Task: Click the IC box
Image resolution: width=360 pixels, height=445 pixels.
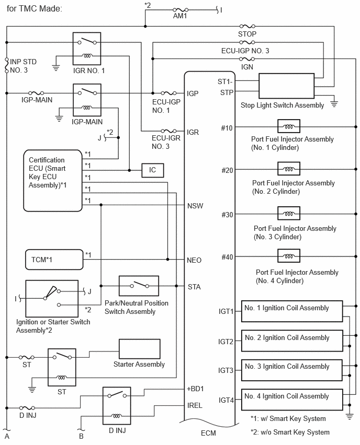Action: tap(153, 170)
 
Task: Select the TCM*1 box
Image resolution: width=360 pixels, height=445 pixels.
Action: tap(54, 260)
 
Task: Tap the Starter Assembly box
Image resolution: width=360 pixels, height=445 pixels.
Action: tap(139, 349)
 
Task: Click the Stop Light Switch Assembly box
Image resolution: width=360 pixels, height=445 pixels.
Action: tap(286, 86)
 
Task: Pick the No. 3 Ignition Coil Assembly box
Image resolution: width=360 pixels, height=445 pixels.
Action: tap(292, 370)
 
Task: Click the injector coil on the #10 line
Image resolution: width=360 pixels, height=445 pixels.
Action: tap(289, 126)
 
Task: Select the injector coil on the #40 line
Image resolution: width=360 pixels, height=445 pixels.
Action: tap(289, 256)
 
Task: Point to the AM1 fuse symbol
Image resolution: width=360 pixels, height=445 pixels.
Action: tap(181, 10)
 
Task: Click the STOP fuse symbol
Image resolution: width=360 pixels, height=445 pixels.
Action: tap(247, 27)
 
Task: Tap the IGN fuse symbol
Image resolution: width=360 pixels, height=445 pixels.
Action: tap(247, 58)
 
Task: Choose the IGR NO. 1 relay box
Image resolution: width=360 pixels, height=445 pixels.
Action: tap(87, 49)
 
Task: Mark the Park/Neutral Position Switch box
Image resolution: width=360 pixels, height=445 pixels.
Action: tap(139, 286)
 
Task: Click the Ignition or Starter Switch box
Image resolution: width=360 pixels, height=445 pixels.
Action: tap(52, 299)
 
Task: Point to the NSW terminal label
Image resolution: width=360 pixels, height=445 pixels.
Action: tap(195, 206)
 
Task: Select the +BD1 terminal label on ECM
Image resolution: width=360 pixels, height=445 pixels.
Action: tap(195, 389)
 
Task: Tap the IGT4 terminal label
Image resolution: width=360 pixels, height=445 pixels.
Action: tap(226, 400)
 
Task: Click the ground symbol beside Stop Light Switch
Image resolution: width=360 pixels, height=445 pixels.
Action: tap(334, 104)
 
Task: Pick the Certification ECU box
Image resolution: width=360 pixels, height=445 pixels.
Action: tap(53, 181)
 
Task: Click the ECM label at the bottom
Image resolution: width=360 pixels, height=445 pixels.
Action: tap(208, 433)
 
